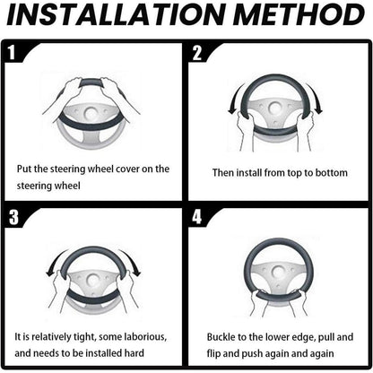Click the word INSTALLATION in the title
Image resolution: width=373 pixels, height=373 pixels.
click(x=116, y=14)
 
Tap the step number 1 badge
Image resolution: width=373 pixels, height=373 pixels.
click(x=12, y=53)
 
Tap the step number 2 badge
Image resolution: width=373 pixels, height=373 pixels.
click(x=197, y=53)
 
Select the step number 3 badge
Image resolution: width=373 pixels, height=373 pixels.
click(x=13, y=217)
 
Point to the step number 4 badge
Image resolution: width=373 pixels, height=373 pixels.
click(x=197, y=217)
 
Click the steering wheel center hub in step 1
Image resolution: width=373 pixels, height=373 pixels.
click(x=91, y=114)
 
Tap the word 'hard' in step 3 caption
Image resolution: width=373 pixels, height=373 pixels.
click(x=134, y=353)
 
